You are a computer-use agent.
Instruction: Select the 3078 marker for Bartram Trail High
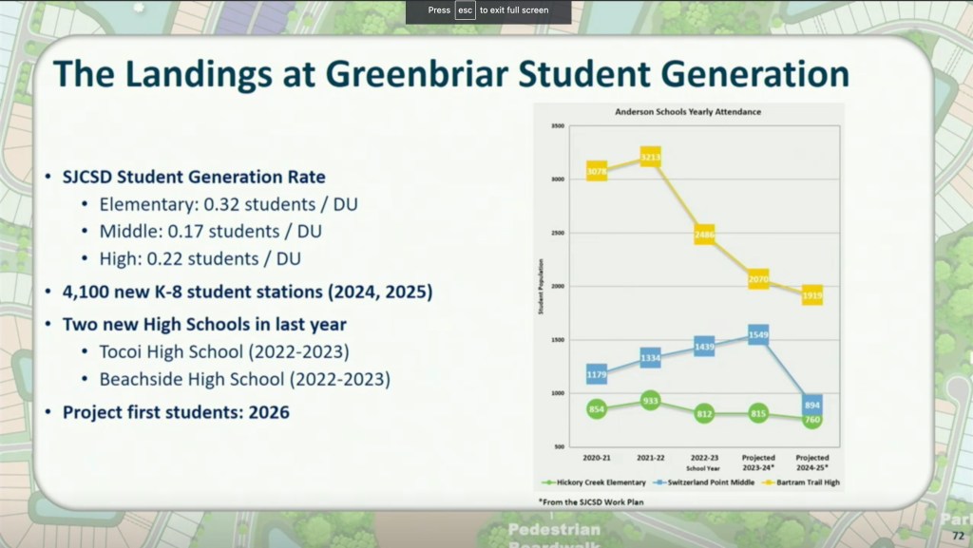coord(597,171)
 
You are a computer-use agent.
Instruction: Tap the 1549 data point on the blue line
coord(758,335)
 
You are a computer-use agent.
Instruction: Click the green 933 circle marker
coord(651,401)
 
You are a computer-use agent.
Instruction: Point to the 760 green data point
coord(811,419)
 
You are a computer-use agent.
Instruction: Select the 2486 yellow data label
coord(704,235)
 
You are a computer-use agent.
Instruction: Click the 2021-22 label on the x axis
coord(651,458)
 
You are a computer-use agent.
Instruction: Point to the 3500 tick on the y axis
coord(558,125)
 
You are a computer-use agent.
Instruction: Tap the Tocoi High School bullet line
coord(224,351)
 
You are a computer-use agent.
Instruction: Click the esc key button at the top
coord(465,10)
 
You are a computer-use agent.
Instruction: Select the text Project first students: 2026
coord(176,412)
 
